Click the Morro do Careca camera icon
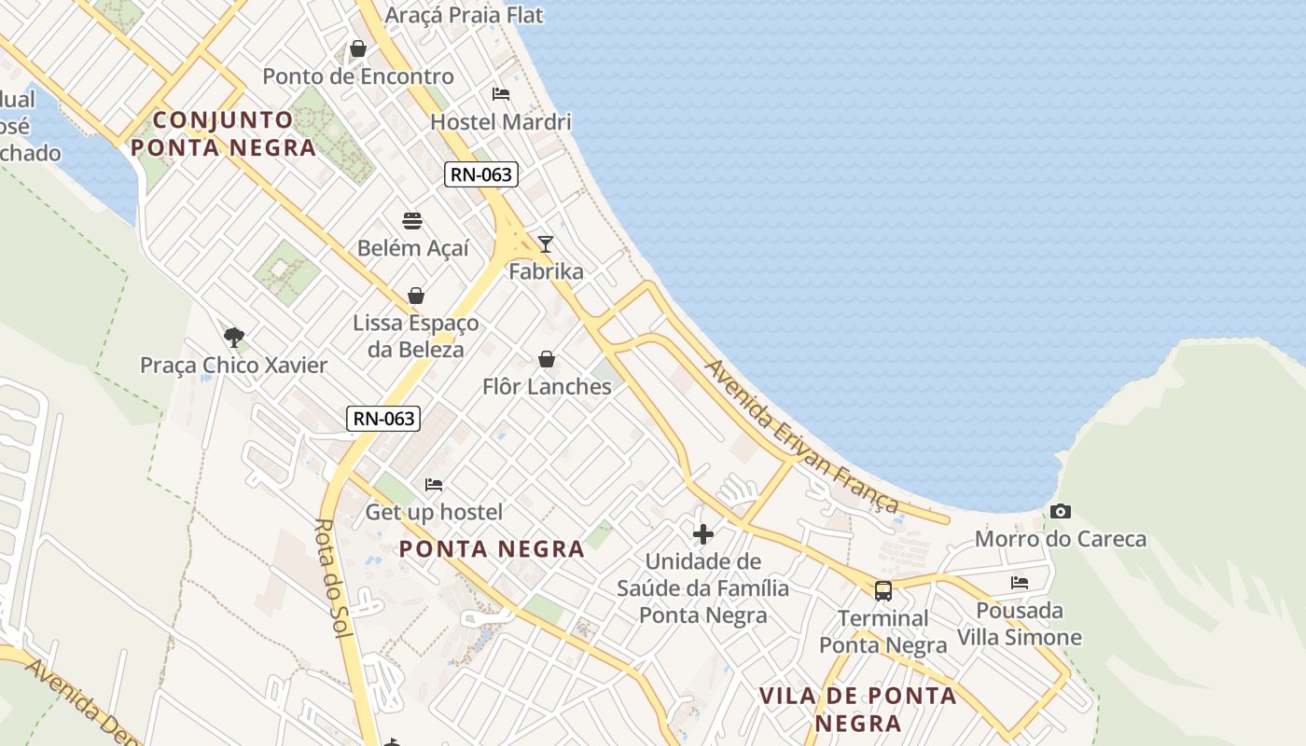pyautogui.click(x=1060, y=511)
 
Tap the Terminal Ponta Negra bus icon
pyautogui.click(x=882, y=590)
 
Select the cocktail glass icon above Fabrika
pyautogui.click(x=546, y=244)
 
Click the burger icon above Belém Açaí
pyautogui.click(x=412, y=221)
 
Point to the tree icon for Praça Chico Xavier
pyautogui.click(x=234, y=337)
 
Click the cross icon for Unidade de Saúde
pyautogui.click(x=703, y=534)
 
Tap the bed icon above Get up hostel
pyautogui.click(x=434, y=485)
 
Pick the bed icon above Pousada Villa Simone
pyautogui.click(x=1020, y=583)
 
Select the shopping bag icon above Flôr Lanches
pyautogui.click(x=547, y=359)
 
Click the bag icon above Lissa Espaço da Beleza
pyautogui.click(x=416, y=296)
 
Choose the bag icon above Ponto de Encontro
pyautogui.click(x=357, y=48)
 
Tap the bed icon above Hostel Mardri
pyautogui.click(x=501, y=94)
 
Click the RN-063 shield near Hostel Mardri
pyautogui.click(x=481, y=173)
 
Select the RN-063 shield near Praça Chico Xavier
pyautogui.click(x=383, y=418)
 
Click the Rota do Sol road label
pyautogui.click(x=332, y=578)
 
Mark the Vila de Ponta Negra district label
pyautogui.click(x=858, y=709)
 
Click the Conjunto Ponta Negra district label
pyautogui.click(x=223, y=133)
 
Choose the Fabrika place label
pyautogui.click(x=546, y=271)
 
